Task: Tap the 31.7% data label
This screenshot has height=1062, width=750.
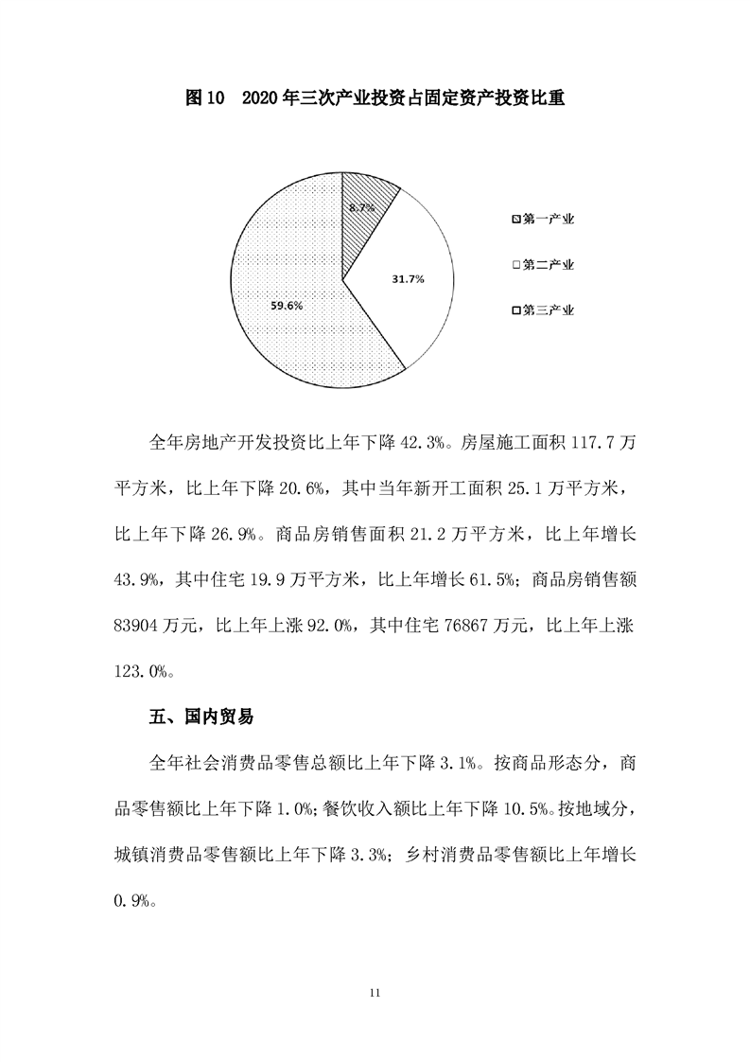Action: [408, 279]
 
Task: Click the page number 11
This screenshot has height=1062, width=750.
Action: [375, 993]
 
